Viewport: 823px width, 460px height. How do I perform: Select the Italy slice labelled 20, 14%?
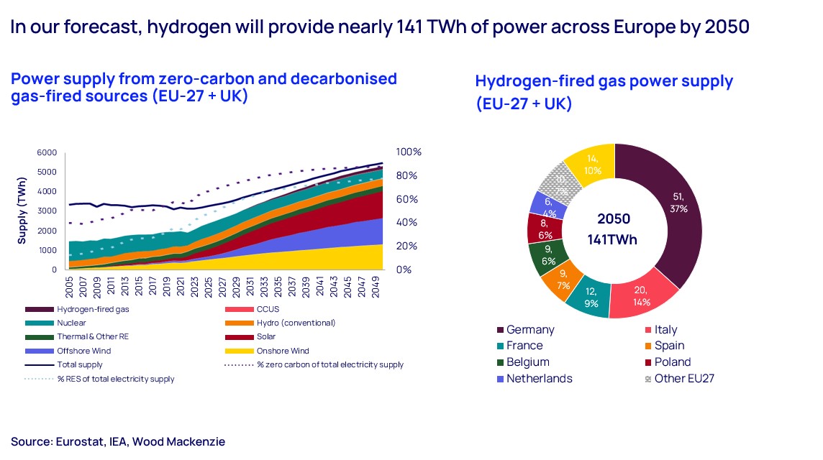pos(643,295)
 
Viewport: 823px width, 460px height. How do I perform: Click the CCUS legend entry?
pos(268,308)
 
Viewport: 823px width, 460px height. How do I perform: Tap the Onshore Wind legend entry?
pos(283,351)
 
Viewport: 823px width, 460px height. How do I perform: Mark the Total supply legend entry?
pos(81,364)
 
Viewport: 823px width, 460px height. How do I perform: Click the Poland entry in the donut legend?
pos(672,362)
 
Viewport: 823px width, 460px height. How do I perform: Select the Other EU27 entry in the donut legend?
pos(683,379)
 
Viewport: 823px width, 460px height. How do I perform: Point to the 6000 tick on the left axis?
pos(46,153)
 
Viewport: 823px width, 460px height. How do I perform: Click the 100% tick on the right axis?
pos(409,153)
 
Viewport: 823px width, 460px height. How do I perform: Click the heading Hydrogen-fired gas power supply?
pos(604,81)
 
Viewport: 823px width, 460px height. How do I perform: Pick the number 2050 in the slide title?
pos(727,27)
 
